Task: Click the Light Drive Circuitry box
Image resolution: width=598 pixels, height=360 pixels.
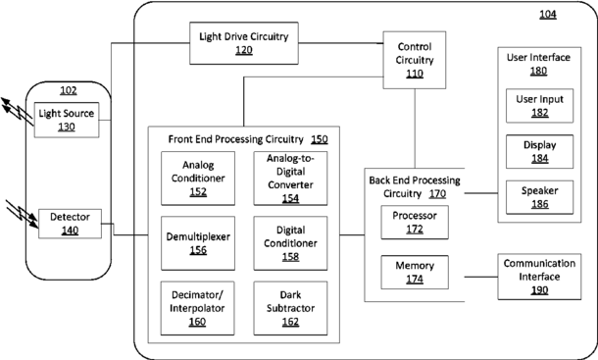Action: [x=244, y=43]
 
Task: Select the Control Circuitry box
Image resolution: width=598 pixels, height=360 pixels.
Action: [x=415, y=60]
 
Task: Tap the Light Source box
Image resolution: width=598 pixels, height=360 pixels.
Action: [x=67, y=120]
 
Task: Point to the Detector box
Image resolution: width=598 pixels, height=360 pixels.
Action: [x=71, y=224]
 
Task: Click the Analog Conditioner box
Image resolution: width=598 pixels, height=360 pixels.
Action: [x=198, y=179]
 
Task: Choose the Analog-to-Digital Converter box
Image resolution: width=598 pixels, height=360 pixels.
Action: [x=290, y=179]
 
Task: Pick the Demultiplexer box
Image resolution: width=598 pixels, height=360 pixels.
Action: [x=198, y=243]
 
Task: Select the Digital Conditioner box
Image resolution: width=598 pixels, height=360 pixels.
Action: [x=290, y=243]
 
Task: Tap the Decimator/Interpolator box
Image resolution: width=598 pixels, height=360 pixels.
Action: [x=198, y=308]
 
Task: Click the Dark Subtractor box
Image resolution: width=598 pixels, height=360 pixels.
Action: [x=290, y=308]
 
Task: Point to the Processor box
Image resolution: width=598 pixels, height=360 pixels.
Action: [x=415, y=223]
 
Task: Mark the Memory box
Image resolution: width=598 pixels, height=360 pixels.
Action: [x=415, y=272]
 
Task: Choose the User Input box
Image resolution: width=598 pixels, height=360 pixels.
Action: [x=539, y=106]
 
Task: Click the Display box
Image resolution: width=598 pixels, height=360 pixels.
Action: [x=539, y=152]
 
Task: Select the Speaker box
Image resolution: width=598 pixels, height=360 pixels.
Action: [x=539, y=197]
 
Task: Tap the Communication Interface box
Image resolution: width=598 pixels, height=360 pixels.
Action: [x=539, y=277]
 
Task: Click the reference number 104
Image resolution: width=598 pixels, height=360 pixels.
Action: [x=548, y=15]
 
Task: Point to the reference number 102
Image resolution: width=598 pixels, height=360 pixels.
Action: [x=69, y=90]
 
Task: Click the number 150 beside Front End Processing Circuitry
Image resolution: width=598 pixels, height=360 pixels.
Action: [x=320, y=139]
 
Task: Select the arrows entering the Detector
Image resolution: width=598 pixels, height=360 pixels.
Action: [x=23, y=214]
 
